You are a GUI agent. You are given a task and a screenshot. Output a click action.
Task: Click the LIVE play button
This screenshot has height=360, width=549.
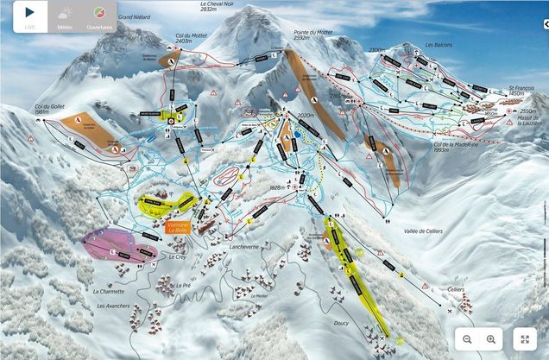click(x=29, y=15)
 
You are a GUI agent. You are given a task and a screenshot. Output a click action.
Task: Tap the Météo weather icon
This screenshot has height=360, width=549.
click(x=65, y=15)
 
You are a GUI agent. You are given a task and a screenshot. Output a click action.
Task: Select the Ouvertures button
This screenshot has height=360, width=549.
click(x=101, y=15)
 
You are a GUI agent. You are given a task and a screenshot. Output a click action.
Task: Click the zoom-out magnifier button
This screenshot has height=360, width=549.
click(x=467, y=339)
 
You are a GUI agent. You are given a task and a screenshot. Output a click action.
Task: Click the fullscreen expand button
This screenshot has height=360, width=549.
click(x=524, y=339)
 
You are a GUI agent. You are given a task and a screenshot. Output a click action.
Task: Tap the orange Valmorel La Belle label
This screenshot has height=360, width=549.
click(x=179, y=228)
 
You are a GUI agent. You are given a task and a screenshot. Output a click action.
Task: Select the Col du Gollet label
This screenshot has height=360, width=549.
click(x=52, y=108)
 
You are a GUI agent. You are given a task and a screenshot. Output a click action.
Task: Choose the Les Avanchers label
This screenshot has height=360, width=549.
click(x=114, y=305)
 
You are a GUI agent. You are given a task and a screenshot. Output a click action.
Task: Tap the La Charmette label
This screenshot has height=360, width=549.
click(x=109, y=292)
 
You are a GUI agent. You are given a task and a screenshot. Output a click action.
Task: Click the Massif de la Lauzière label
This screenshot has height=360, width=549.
click(x=528, y=122)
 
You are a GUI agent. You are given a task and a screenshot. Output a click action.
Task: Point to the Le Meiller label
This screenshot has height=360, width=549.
click(x=259, y=296)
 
